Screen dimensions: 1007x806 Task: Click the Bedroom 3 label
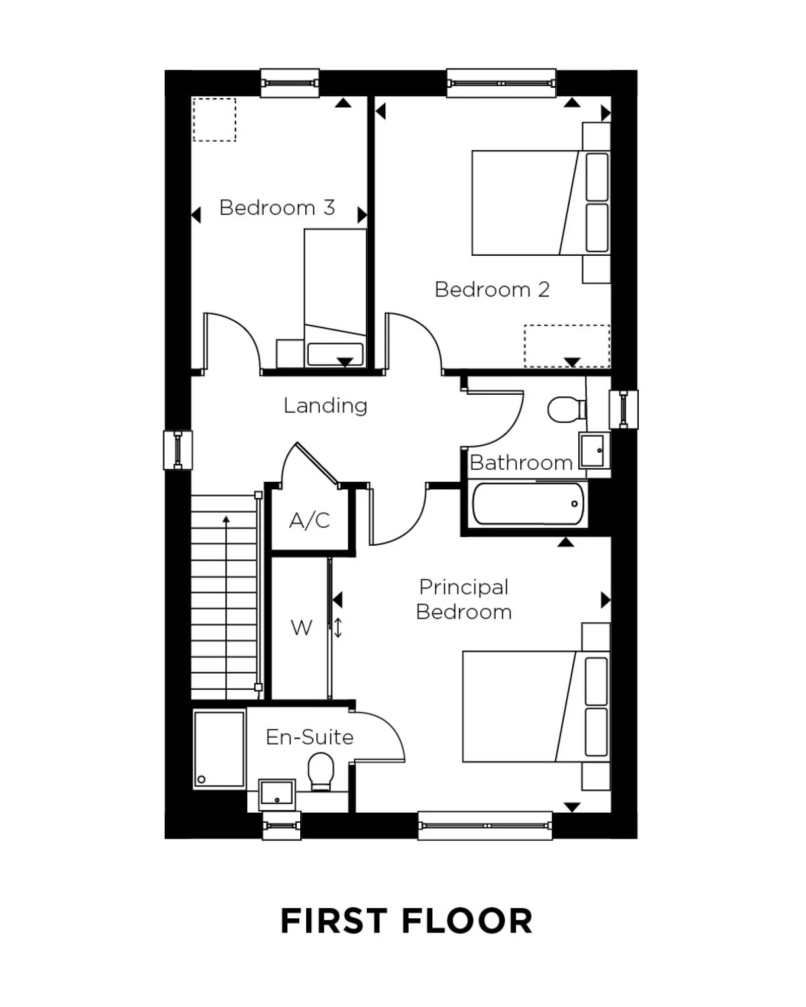277,207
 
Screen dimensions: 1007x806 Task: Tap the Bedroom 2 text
492,290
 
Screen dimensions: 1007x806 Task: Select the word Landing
325,405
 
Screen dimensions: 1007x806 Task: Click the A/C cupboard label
309,521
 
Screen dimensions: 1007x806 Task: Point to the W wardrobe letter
301,628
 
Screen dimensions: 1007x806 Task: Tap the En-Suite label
309,737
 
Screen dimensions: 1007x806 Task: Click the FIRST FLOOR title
406,922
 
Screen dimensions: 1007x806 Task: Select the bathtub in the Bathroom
527,504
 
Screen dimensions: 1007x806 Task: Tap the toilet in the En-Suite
321,771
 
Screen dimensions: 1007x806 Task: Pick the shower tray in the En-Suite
219,749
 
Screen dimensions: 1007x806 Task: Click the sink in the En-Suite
277,794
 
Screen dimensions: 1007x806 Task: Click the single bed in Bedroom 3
335,297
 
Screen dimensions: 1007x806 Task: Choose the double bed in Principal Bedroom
535,706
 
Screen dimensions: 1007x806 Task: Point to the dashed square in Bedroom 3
215,120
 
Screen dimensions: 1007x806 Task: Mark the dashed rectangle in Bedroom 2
567,346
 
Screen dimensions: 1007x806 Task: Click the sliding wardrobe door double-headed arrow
338,628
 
